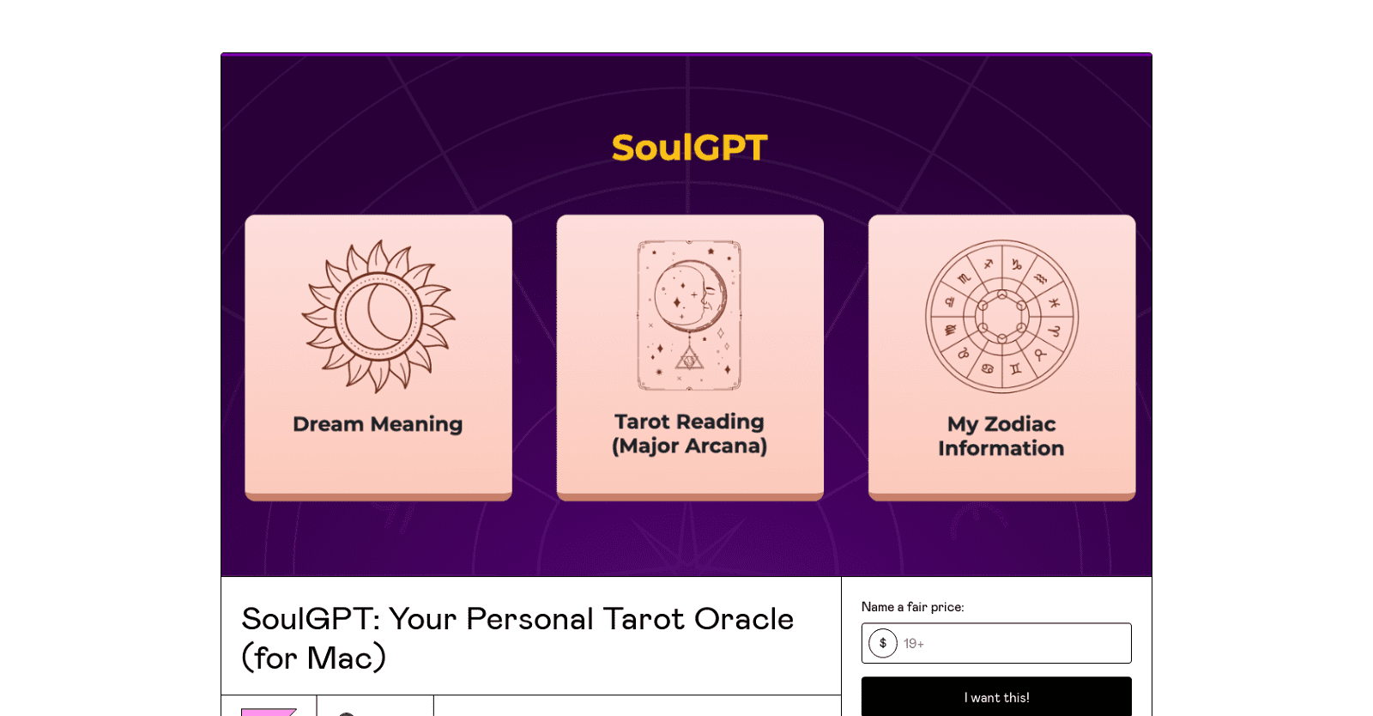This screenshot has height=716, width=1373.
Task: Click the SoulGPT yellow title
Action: tap(689, 148)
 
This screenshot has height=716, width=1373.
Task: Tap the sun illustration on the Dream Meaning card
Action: tap(378, 316)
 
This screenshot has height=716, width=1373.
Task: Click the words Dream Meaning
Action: tap(378, 424)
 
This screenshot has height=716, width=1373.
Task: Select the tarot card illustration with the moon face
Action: tap(689, 316)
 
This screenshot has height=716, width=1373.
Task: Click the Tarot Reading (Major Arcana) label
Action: tap(689, 434)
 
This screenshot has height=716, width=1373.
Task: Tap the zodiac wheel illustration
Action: tap(1001, 316)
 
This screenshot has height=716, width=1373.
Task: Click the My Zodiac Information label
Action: tap(1001, 436)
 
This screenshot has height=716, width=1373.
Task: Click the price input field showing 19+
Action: tap(1013, 643)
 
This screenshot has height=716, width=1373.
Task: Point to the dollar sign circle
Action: tap(882, 643)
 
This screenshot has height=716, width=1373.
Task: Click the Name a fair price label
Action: tap(912, 607)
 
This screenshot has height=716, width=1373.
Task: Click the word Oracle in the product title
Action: tap(743, 619)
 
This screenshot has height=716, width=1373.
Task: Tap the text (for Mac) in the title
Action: tap(313, 658)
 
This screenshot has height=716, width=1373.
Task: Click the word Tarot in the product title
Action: tap(644, 619)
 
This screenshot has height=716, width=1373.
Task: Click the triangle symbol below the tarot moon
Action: tap(689, 361)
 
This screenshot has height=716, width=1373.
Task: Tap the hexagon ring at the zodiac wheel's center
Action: tap(1001, 317)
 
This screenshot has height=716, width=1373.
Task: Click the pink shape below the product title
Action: tap(268, 711)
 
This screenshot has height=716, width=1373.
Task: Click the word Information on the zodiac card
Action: tap(1001, 448)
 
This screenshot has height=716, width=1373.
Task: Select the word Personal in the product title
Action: tap(529, 619)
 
